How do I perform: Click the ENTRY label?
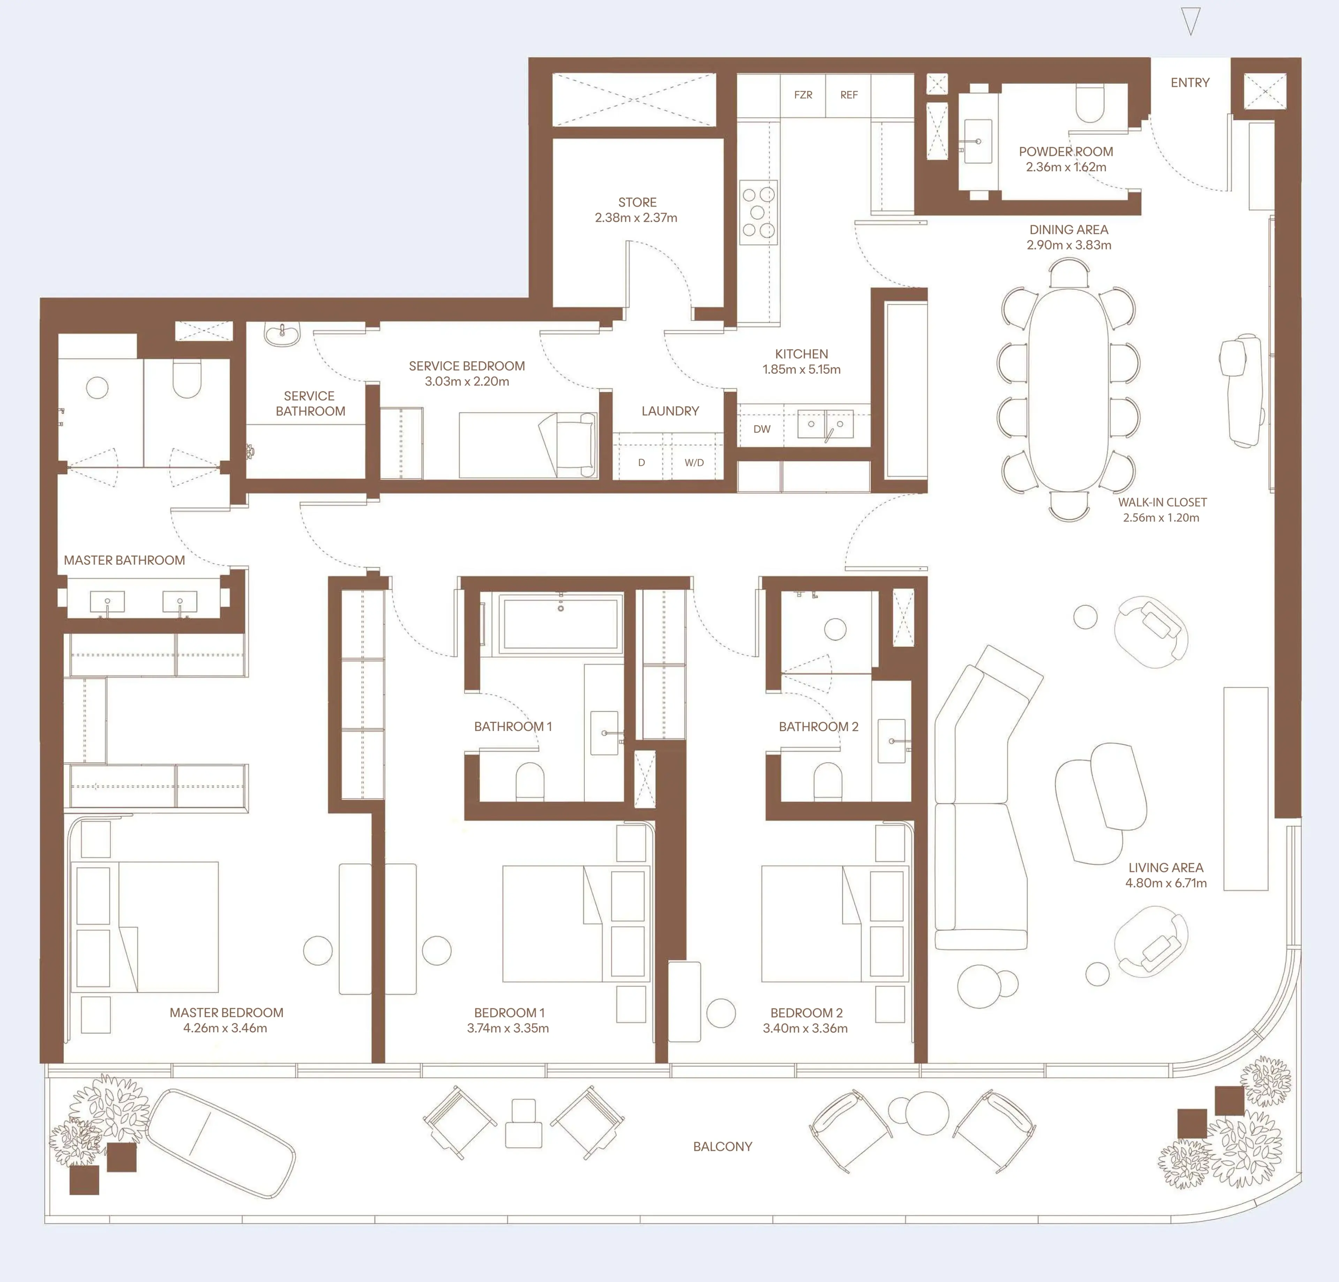tap(1190, 83)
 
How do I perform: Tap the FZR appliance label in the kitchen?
tap(803, 95)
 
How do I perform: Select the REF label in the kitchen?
tap(849, 95)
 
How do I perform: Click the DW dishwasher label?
tap(762, 429)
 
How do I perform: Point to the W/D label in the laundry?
tap(694, 463)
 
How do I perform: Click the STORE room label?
tap(637, 202)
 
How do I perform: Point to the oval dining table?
tap(1068, 390)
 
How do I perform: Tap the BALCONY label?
tap(723, 1147)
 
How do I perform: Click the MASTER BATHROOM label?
tap(124, 560)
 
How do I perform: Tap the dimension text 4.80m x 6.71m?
tap(1166, 883)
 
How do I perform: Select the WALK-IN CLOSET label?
tap(1163, 502)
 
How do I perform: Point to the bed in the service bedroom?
tap(527, 445)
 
